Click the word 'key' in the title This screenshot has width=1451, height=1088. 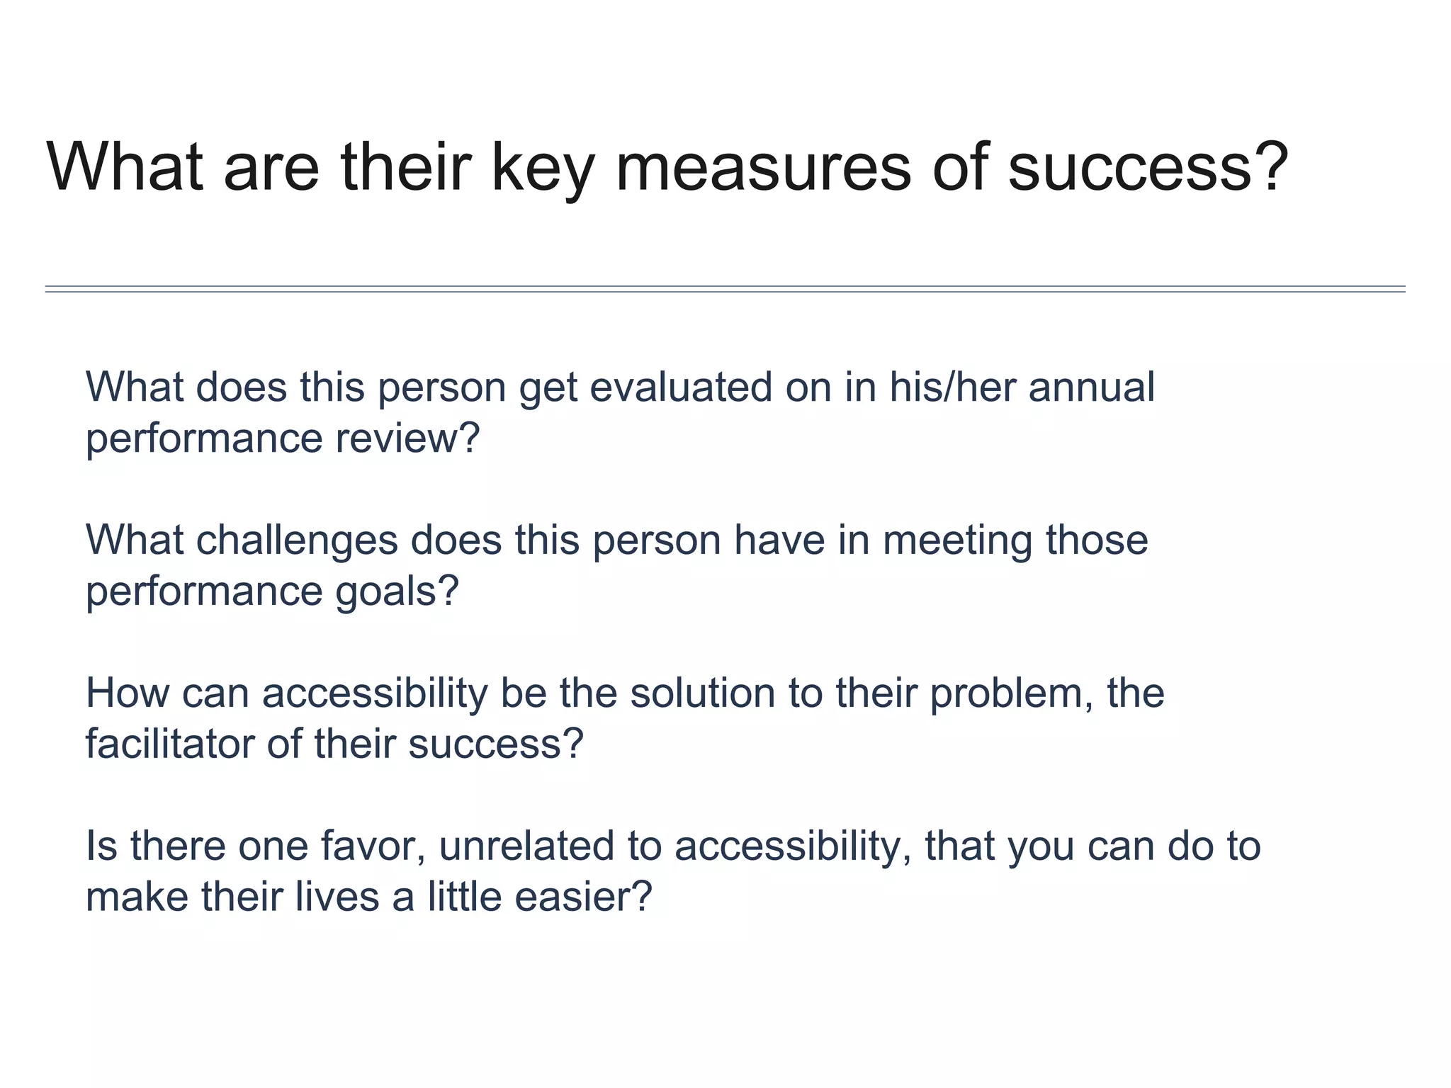coord(541,169)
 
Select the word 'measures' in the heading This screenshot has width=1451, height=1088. coord(763,169)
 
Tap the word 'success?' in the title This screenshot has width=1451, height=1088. coord(1148,169)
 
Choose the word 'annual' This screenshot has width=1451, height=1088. coord(1091,387)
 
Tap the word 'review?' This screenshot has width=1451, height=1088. coord(408,438)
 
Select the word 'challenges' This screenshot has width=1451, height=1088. coord(298,540)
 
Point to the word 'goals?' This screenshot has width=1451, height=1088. coord(397,591)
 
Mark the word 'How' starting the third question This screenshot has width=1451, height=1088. coord(128,693)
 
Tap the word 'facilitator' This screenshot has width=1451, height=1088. coord(170,744)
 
